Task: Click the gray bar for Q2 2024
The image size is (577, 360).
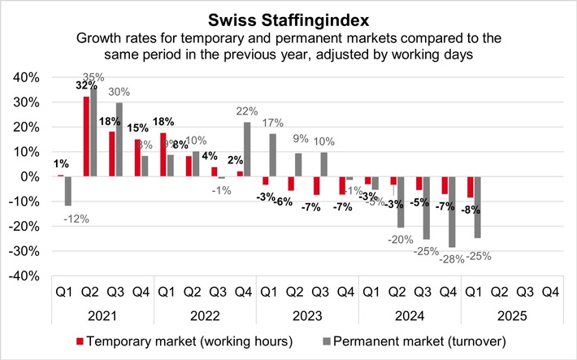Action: pyautogui.click(x=401, y=202)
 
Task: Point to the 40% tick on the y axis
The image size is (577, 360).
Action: pyautogui.click(x=27, y=77)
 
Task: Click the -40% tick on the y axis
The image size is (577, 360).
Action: pyautogui.click(x=25, y=276)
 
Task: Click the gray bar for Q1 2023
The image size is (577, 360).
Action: pyautogui.click(x=273, y=155)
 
